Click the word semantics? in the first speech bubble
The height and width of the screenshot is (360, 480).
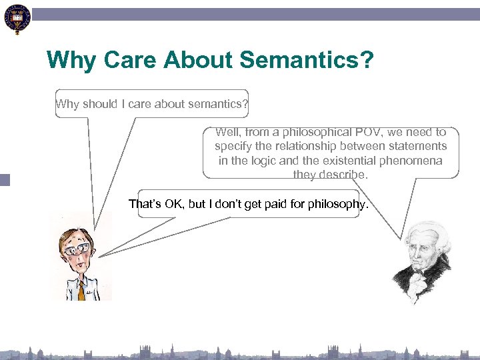(221, 104)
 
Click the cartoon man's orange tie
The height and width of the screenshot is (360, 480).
(81, 289)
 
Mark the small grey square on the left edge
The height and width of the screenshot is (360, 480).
(5, 179)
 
